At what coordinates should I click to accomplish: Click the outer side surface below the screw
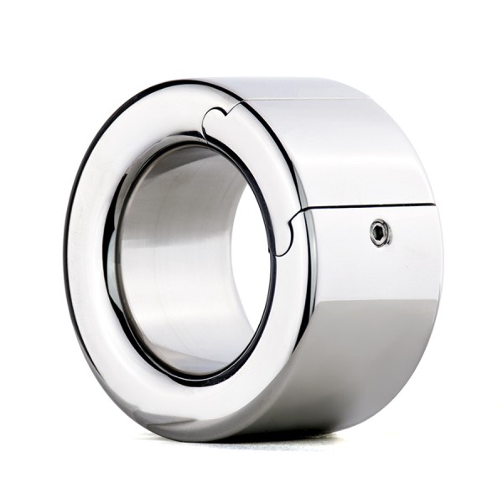click(x=377, y=319)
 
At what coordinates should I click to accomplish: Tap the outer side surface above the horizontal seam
click(x=369, y=151)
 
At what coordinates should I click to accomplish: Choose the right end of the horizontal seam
click(x=434, y=203)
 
